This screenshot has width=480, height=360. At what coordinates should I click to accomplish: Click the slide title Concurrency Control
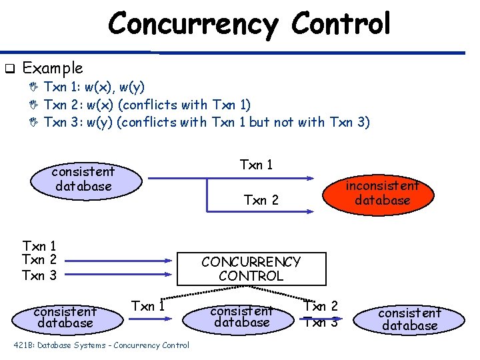click(x=249, y=24)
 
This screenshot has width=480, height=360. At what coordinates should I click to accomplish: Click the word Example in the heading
click(x=53, y=68)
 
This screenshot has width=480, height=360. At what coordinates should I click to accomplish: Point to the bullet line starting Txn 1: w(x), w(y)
click(x=94, y=87)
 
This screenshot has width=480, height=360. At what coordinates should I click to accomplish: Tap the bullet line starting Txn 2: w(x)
click(x=147, y=104)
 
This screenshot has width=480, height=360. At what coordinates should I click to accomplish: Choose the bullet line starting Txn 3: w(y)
click(x=206, y=121)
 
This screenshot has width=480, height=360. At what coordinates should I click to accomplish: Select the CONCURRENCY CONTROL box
click(x=251, y=269)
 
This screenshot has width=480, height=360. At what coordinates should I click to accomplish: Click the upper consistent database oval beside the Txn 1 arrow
click(x=84, y=179)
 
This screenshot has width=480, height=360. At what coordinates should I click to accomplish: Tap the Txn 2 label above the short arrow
click(x=261, y=199)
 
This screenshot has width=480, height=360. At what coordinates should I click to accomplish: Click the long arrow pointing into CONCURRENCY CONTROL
click(x=120, y=261)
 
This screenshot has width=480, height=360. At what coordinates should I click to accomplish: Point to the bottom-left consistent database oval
click(x=65, y=317)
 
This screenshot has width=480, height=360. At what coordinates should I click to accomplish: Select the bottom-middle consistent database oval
click(x=241, y=316)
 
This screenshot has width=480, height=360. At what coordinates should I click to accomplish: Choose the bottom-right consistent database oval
click(x=410, y=319)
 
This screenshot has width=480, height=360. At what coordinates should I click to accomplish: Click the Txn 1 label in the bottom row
click(x=148, y=306)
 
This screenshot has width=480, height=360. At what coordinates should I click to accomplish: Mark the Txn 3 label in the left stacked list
click(x=39, y=275)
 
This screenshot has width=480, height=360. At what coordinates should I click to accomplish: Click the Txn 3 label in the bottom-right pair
click(x=321, y=322)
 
